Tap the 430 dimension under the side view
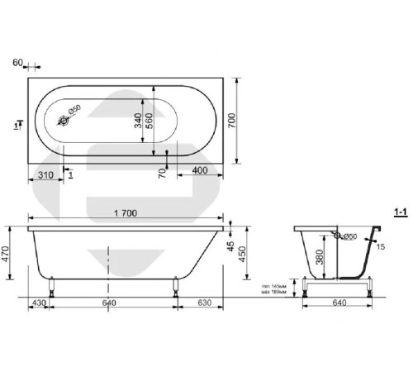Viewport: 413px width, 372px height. pyautogui.click(x=38, y=304)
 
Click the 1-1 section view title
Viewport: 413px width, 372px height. pyautogui.click(x=402, y=213)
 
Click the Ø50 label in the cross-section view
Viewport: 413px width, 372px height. pyautogui.click(x=349, y=238)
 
